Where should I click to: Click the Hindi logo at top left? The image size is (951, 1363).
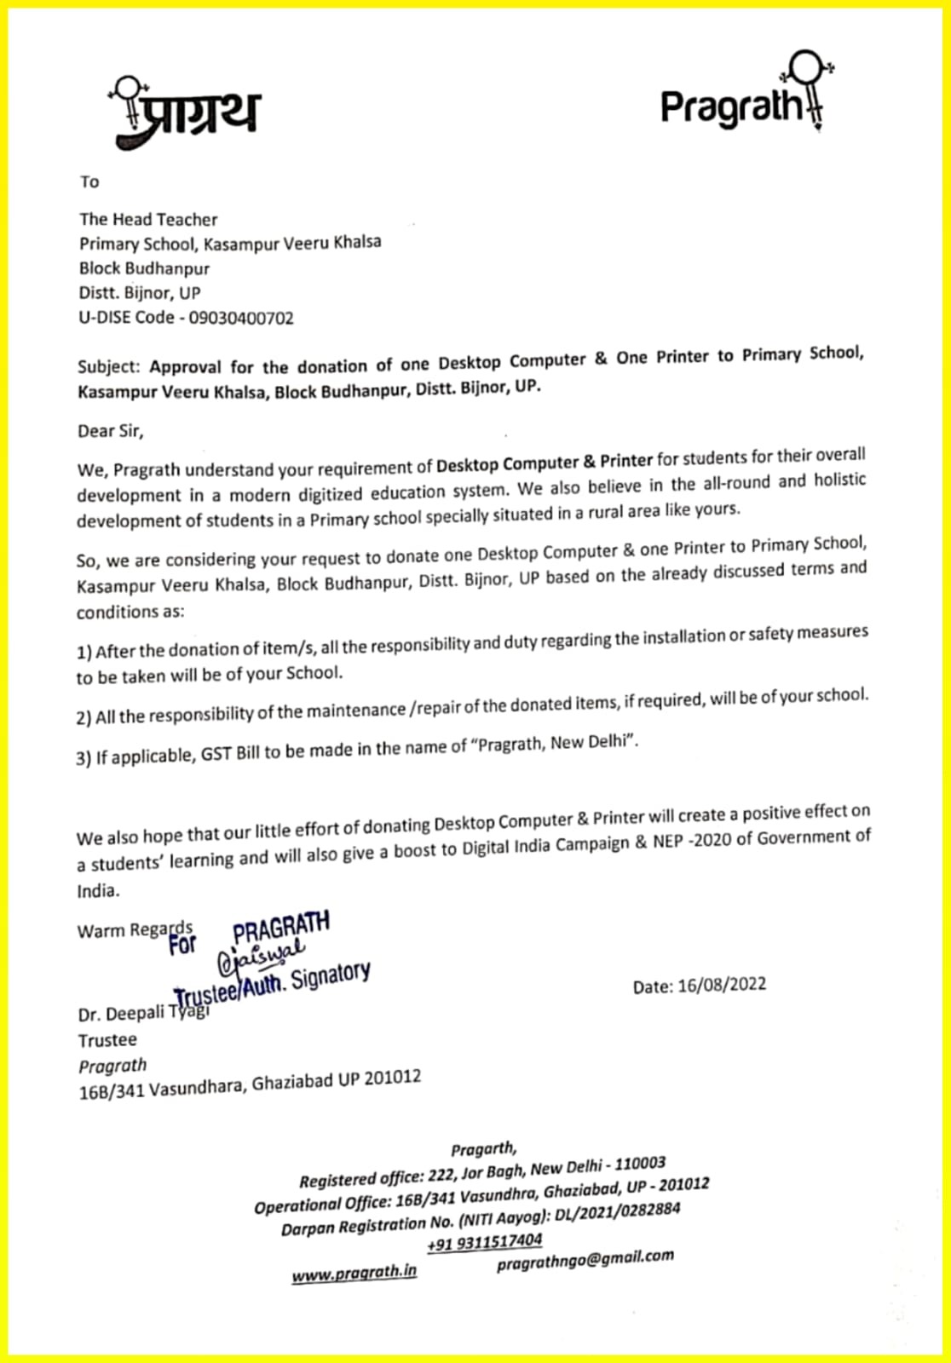[185, 112]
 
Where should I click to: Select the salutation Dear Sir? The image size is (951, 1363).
[110, 431]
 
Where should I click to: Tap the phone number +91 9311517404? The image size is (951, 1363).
[484, 1242]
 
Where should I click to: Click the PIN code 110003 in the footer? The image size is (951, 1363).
[640, 1164]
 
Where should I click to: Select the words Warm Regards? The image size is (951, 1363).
[135, 930]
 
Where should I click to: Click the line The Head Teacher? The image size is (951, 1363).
[148, 220]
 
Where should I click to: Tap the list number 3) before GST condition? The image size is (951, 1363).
[84, 758]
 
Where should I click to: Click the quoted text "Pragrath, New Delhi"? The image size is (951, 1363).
[557, 743]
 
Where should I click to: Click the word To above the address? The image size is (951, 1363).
[89, 181]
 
